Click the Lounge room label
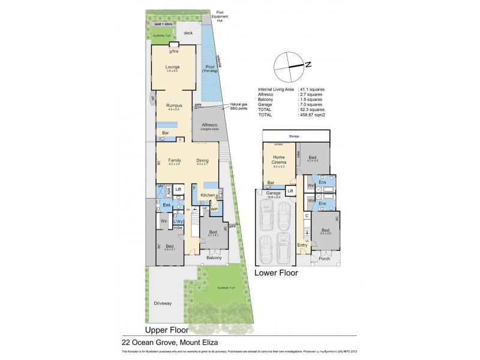click(173, 67)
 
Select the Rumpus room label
click(173, 105)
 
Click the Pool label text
click(209, 67)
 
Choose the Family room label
click(175, 160)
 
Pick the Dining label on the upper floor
click(202, 160)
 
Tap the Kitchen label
click(208, 196)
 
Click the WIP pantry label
click(214, 209)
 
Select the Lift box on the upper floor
click(178, 189)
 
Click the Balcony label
click(214, 258)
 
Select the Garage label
click(274, 193)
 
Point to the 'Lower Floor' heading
click(276, 272)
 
